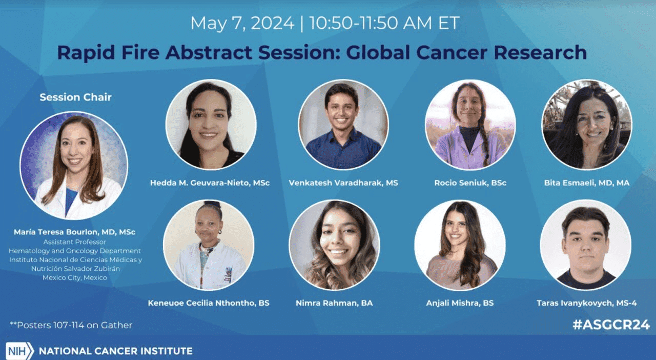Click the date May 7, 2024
tap(242, 24)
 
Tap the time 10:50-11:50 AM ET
tap(384, 23)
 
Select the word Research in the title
tap(540, 52)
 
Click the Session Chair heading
tap(75, 97)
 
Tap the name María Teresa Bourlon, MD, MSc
tap(74, 232)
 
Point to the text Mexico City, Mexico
tap(75, 277)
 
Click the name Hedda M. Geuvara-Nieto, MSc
tap(210, 183)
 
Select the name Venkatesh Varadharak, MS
tap(343, 183)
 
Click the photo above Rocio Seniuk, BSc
tap(470, 125)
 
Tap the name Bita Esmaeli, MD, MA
tap(587, 183)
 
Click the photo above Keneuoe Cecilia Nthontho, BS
tap(209, 245)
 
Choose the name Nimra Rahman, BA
tap(334, 303)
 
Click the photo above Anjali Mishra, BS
tap(460, 245)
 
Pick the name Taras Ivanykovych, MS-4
tap(587, 303)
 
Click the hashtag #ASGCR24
tap(611, 325)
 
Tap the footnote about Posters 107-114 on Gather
tap(71, 325)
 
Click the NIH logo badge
tap(19, 351)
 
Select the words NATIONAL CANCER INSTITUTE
tap(116, 351)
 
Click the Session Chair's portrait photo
tap(74, 165)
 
